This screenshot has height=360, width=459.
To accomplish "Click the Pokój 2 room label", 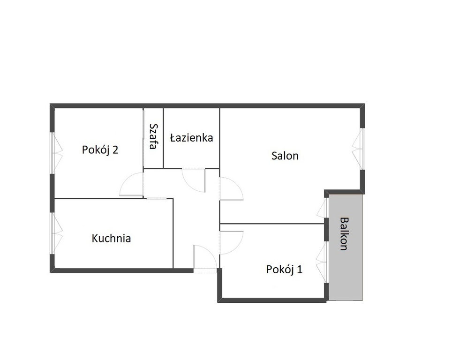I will pyautogui.click(x=100, y=150).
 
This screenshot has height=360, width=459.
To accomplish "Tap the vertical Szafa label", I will pyautogui.click(x=153, y=136).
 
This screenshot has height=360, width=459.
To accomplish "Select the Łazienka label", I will pyautogui.click(x=191, y=138).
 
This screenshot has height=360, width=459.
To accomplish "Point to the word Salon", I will pyautogui.click(x=285, y=156).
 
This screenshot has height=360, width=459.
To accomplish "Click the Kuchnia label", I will pyautogui.click(x=111, y=238).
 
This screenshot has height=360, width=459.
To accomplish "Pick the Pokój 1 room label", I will pyautogui.click(x=284, y=270).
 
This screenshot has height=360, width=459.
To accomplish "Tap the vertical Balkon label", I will pyautogui.click(x=344, y=234).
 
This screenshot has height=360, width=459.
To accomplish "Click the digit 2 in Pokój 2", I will pyautogui.click(x=115, y=150).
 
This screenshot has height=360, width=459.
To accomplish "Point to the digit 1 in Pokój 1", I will pyautogui.click(x=300, y=270).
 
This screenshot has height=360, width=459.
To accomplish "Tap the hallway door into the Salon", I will pyautogui.click(x=231, y=189).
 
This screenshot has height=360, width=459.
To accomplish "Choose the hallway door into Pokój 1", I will pyautogui.click(x=231, y=243).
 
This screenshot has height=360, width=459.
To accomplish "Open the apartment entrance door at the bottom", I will pyautogui.click(x=205, y=258).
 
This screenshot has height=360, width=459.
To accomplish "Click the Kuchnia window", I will pyautogui.click(x=56, y=233).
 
